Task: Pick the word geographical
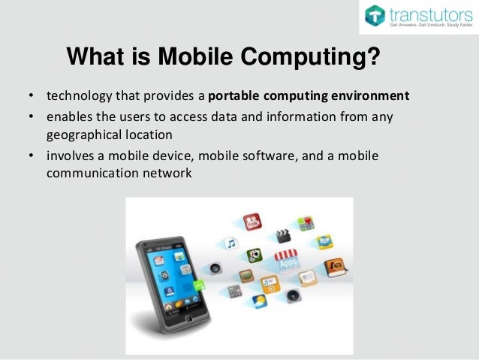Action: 80,135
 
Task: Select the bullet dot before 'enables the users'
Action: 31,117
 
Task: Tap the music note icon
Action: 231,244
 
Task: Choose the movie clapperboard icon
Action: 282,236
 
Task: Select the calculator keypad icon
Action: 234,291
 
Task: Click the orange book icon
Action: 333,267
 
